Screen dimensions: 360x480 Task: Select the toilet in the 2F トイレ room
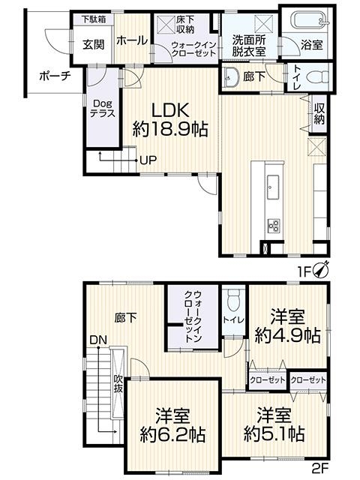coord(234,298)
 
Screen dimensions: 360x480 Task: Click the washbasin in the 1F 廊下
coord(232,75)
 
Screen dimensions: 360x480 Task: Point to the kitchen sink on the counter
coord(273,187)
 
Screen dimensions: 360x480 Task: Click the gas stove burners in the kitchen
coord(273,226)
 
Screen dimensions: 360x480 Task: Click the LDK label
coord(170,110)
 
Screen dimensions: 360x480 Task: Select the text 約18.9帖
coord(170,129)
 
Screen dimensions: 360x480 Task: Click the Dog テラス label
coord(103,108)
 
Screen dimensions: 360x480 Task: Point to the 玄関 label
coord(93,45)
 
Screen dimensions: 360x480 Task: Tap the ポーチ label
coord(55,76)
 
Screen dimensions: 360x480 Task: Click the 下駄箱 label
coord(94,19)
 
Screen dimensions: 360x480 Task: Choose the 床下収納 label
coord(185,25)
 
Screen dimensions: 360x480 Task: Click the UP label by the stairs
coord(148,160)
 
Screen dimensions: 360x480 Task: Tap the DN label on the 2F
coord(98,340)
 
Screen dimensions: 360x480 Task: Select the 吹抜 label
coord(118,383)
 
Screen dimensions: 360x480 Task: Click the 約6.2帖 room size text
coord(173,434)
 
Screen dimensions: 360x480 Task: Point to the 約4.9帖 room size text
coord(288,335)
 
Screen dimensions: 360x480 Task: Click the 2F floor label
coord(320,467)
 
